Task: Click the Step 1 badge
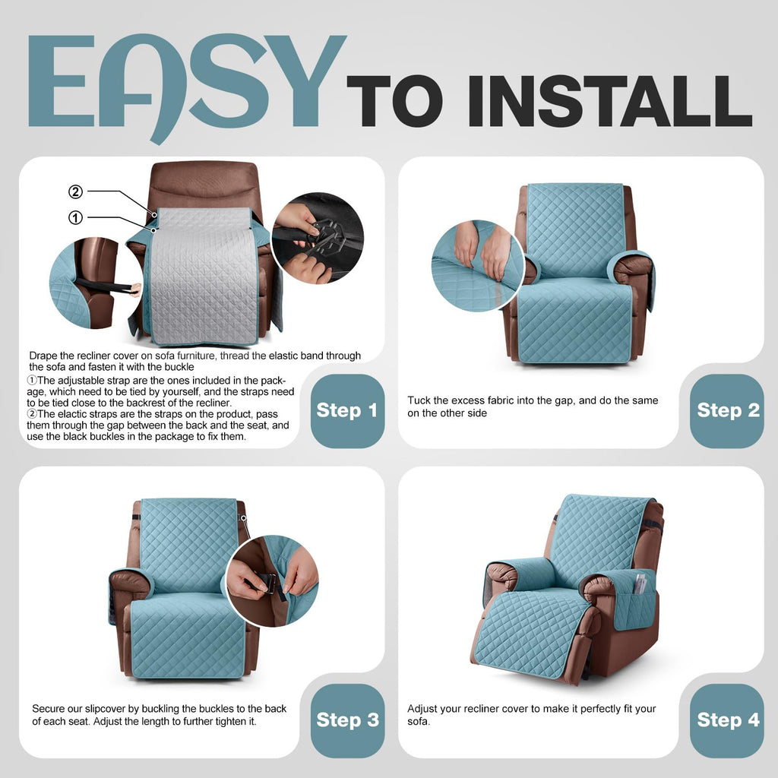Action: point(347,411)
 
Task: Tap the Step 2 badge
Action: point(727,411)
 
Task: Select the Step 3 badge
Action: point(347,720)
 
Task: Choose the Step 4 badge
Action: point(727,720)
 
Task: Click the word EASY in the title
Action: point(187,87)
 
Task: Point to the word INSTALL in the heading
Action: point(610,101)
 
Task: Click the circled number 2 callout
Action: point(75,191)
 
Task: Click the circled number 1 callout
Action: point(75,217)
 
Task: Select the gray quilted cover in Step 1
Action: point(204,276)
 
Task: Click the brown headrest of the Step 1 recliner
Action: point(204,185)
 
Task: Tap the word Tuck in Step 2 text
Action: point(419,400)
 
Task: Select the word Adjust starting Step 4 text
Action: point(422,709)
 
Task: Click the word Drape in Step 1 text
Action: point(43,356)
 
